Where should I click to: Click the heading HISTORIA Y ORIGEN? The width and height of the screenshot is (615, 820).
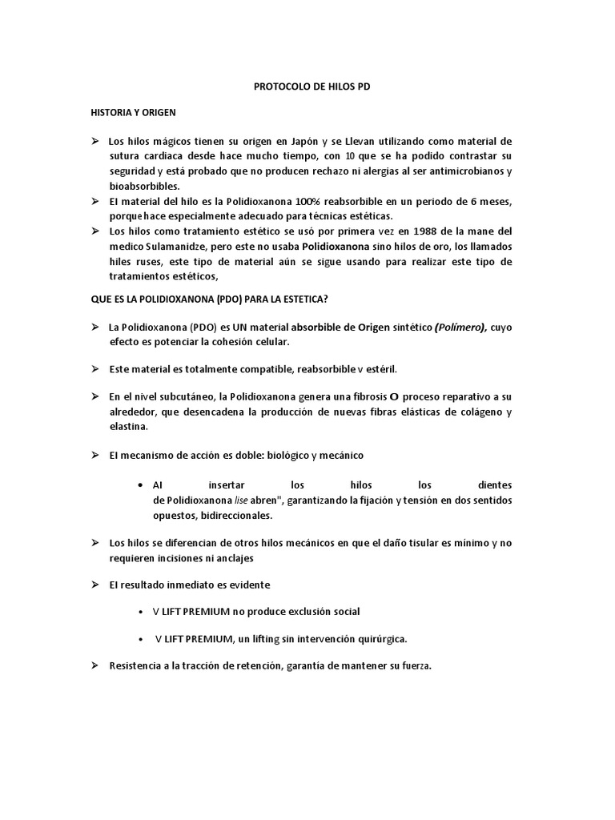[x=133, y=113]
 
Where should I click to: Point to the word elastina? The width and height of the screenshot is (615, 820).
[x=129, y=427]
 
